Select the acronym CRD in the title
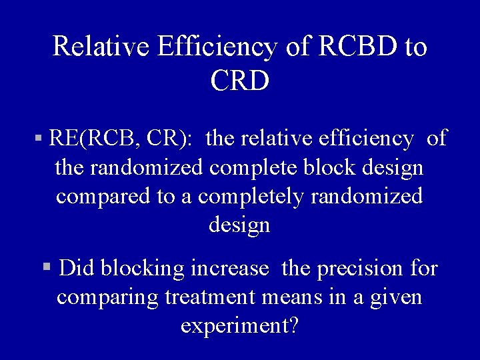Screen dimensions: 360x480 240,81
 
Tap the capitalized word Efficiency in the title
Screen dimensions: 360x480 217,47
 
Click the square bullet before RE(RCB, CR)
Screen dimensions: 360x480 39,139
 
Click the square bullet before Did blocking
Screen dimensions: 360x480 46,267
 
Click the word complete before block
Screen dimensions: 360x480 247,167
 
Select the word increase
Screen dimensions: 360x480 229,268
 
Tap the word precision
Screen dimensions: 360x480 360,268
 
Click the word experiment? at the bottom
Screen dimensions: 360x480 239,326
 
